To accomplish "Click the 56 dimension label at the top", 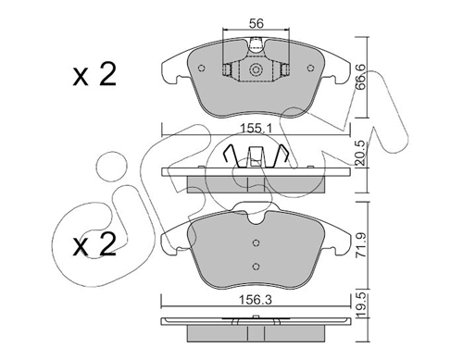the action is (256, 23).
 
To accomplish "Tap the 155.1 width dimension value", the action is (256, 129).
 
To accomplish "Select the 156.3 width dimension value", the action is (257, 300).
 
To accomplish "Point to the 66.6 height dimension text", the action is (360, 77).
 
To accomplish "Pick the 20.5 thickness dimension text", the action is (360, 153).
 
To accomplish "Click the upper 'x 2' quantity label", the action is (94, 75).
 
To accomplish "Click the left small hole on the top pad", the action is (202, 68).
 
